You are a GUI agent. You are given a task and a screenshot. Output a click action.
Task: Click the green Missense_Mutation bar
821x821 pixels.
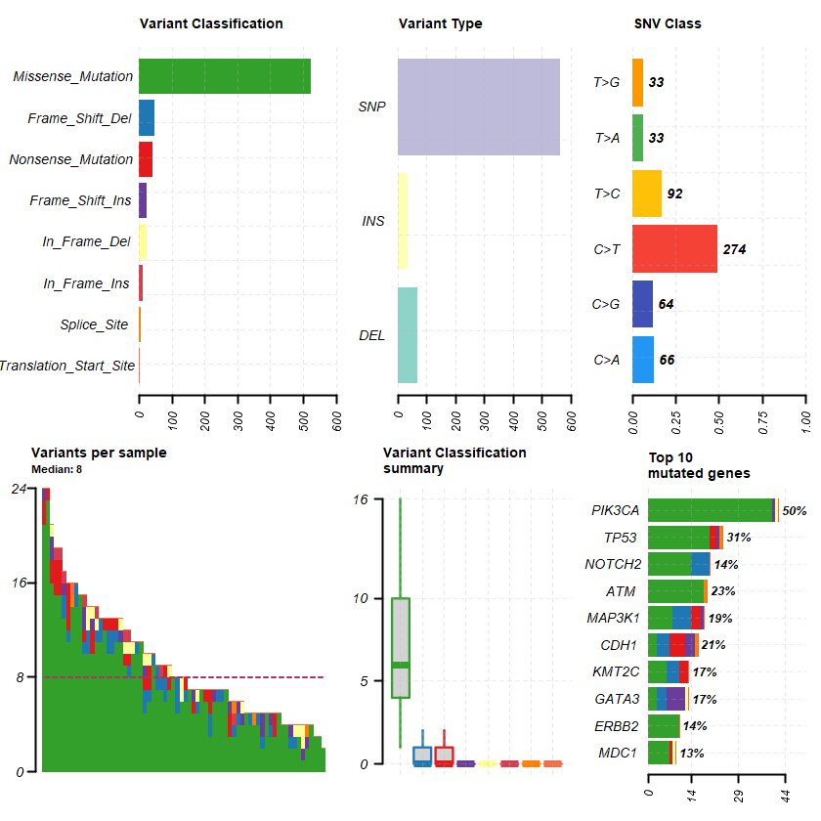pyautogui.click(x=225, y=76)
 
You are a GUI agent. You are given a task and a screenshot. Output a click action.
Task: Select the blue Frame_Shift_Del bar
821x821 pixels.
pyautogui.click(x=147, y=117)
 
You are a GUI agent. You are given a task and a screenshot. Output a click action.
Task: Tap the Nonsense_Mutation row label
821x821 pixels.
pyautogui.click(x=71, y=159)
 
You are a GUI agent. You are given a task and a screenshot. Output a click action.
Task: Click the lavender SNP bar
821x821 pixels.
pyautogui.click(x=479, y=107)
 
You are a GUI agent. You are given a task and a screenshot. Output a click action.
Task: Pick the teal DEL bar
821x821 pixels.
pyautogui.click(x=408, y=335)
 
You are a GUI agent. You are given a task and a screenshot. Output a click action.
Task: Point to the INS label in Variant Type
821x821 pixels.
pyautogui.click(x=372, y=221)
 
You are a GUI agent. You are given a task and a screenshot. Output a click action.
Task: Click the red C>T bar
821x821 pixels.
pyautogui.click(x=674, y=249)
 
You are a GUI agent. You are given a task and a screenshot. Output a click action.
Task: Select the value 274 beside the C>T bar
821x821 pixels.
pyautogui.click(x=734, y=249)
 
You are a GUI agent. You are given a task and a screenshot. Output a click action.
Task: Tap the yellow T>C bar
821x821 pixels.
pyautogui.click(x=647, y=194)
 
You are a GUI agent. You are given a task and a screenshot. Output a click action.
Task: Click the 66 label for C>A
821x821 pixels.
pyautogui.click(x=667, y=360)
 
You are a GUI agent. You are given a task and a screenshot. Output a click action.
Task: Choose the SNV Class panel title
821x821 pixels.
pyautogui.click(x=668, y=23)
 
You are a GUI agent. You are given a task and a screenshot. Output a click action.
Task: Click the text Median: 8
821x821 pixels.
pyautogui.click(x=57, y=469)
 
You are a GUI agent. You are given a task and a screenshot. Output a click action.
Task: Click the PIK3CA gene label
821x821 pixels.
pyautogui.click(x=615, y=510)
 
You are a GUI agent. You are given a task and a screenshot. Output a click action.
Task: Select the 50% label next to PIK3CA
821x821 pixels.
pyautogui.click(x=794, y=510)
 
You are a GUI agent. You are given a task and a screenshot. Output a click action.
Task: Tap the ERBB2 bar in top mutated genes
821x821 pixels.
pyautogui.click(x=664, y=726)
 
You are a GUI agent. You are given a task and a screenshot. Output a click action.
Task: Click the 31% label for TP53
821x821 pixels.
pyautogui.click(x=738, y=538)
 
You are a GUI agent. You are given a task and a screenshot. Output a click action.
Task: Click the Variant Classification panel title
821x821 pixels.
pyautogui.click(x=211, y=23)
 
